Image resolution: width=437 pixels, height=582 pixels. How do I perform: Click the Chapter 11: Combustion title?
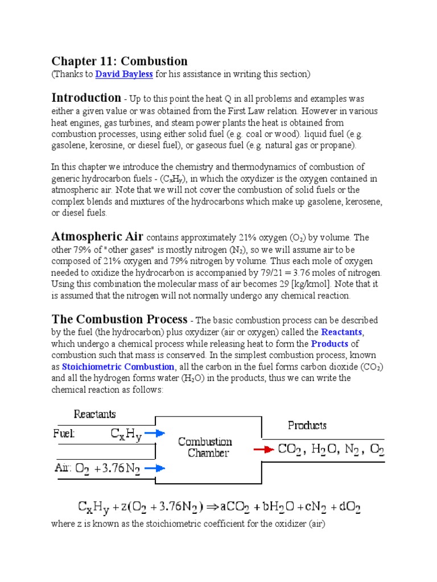(119, 61)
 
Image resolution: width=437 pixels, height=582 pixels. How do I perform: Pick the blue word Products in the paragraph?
(329, 344)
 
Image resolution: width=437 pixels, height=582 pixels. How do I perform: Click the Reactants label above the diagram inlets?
(95, 414)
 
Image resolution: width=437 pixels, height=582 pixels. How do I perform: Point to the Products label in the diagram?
(307, 425)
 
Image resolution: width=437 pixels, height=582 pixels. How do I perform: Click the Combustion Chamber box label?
(205, 447)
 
